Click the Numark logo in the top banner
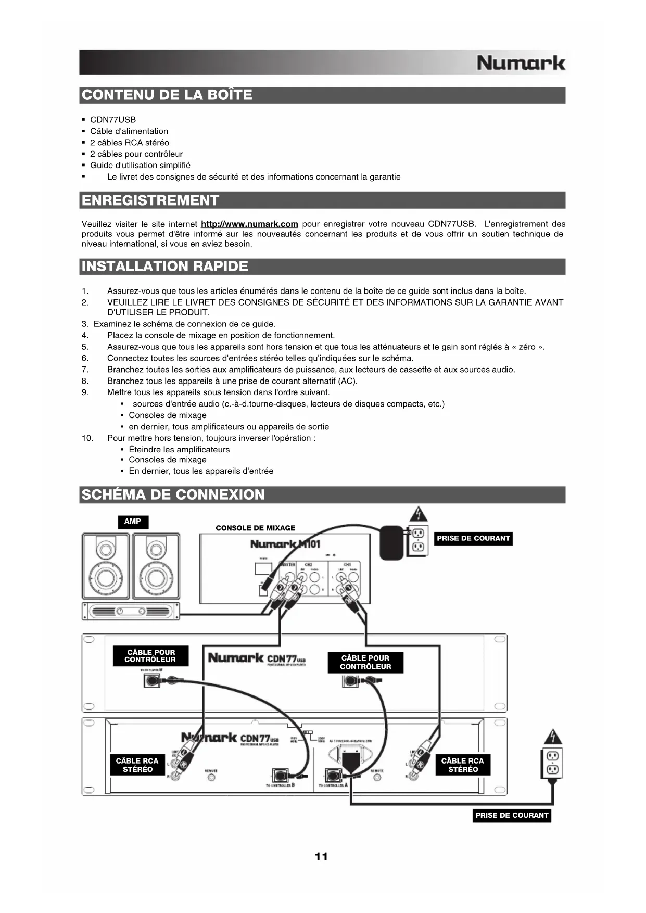click(x=521, y=64)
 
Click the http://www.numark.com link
click(x=249, y=224)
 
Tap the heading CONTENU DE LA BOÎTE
click(x=167, y=95)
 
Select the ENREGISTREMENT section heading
click(x=150, y=200)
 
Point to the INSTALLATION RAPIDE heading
click(x=165, y=267)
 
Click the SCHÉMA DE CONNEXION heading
click(x=173, y=494)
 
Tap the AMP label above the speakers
click(x=133, y=522)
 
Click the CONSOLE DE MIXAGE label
click(x=255, y=528)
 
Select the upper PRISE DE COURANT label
click(x=473, y=539)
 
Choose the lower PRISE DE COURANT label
click(x=512, y=816)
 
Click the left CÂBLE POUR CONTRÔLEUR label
click(x=150, y=656)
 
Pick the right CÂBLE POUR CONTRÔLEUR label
click(x=365, y=662)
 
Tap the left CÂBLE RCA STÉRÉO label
click(x=137, y=765)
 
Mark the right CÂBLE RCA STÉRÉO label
click(x=463, y=765)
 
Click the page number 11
click(x=322, y=857)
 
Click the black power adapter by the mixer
click(x=391, y=543)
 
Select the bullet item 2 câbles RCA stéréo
click(x=130, y=143)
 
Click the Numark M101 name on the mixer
click(x=285, y=544)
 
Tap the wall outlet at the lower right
click(x=552, y=763)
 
